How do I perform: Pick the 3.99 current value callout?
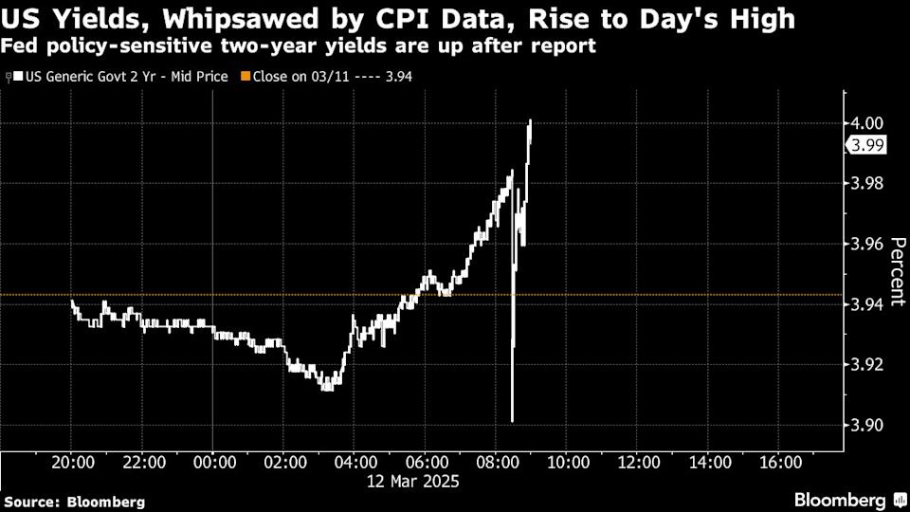(x=865, y=145)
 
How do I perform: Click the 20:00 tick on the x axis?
(x=73, y=463)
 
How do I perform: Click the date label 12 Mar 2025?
(x=413, y=482)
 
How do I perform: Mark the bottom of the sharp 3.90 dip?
(x=512, y=421)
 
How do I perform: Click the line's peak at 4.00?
(x=530, y=121)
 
